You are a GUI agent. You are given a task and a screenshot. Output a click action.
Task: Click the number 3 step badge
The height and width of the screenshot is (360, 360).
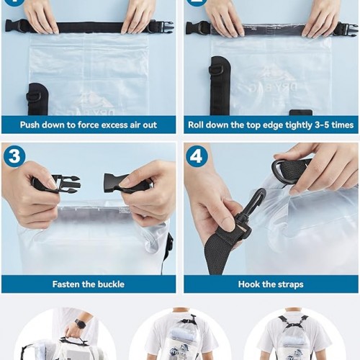[x=14, y=156]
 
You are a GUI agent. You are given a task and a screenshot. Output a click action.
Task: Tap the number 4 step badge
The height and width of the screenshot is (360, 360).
[x=197, y=156]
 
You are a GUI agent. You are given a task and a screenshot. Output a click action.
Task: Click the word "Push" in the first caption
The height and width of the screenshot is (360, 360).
[x=30, y=125]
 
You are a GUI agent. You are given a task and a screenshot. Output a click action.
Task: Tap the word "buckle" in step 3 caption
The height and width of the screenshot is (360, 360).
[x=112, y=284]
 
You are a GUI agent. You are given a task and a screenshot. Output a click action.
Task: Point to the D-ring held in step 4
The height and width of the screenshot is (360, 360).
[x=279, y=172]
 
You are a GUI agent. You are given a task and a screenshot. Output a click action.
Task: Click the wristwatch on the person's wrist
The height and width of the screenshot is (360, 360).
[x=81, y=325]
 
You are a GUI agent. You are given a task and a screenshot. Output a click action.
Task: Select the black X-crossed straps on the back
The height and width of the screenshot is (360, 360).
[x=292, y=323]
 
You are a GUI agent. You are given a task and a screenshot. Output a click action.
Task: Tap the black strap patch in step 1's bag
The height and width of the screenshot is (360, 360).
[x=38, y=99]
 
